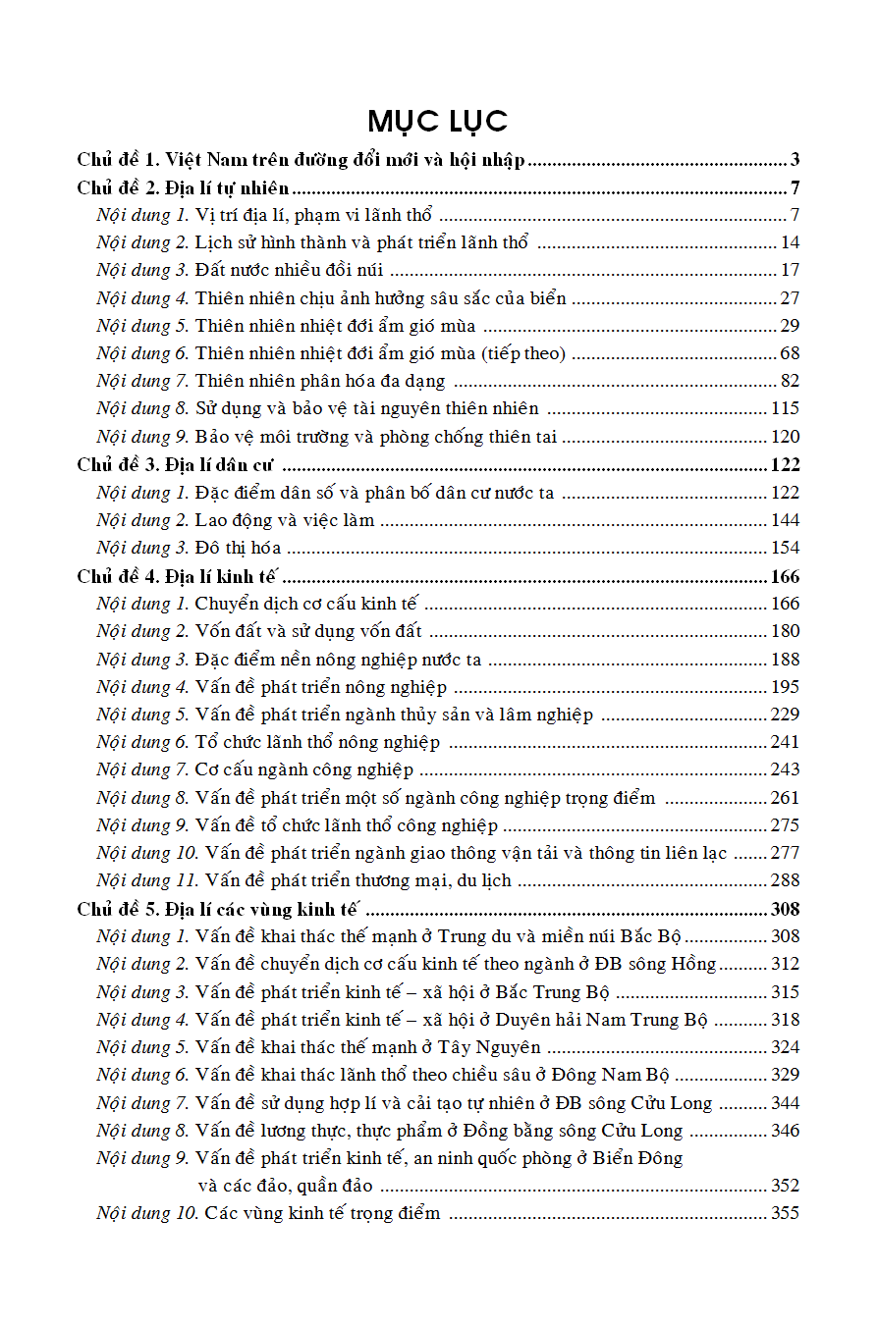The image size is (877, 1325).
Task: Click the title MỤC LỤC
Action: [x=438, y=121]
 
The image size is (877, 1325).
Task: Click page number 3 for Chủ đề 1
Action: [x=795, y=159]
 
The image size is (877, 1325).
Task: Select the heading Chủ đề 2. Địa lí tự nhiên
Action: [x=183, y=187]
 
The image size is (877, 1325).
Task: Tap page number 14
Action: [x=790, y=242]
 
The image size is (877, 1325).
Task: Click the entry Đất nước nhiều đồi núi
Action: [x=289, y=270]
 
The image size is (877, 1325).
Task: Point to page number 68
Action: [x=790, y=353]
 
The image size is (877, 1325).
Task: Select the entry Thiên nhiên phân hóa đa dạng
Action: [x=319, y=381]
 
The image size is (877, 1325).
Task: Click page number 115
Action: [x=785, y=408]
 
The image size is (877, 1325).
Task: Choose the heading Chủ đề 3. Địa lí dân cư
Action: [x=175, y=464]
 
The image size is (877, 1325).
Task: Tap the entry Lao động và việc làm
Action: [x=284, y=520]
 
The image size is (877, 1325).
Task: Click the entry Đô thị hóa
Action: [x=238, y=548]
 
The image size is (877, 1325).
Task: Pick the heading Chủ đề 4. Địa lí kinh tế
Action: [x=178, y=576]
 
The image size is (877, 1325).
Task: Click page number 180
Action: [x=785, y=631]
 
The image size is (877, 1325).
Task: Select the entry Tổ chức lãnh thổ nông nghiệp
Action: [x=317, y=742]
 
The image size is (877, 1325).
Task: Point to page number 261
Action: [x=785, y=798]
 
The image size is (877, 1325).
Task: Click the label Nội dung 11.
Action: [x=147, y=880]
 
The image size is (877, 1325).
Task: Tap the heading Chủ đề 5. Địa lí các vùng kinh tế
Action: [x=218, y=909]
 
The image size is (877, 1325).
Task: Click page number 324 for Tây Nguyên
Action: [x=785, y=1047]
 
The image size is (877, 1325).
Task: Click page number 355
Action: [x=785, y=1213]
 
